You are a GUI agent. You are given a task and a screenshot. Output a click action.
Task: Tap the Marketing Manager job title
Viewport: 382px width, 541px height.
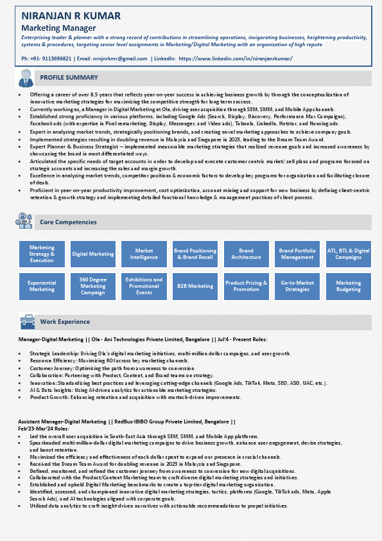click(58, 28)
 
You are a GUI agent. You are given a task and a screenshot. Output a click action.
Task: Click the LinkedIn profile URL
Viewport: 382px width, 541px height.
click(236, 58)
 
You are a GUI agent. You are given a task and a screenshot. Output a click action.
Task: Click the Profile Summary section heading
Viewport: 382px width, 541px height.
click(69, 78)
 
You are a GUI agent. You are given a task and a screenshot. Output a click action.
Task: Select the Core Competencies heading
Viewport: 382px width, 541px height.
click(68, 222)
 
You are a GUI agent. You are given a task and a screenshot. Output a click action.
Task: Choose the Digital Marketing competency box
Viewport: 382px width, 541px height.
click(92, 254)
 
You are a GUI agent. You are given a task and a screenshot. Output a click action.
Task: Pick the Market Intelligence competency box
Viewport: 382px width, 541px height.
click(144, 254)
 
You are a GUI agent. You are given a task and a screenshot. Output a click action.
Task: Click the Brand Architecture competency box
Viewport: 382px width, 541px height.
click(246, 254)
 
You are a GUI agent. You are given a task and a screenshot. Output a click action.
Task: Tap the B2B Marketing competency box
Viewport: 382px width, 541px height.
click(195, 286)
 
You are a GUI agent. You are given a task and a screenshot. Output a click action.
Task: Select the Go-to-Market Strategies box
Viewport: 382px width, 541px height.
click(297, 286)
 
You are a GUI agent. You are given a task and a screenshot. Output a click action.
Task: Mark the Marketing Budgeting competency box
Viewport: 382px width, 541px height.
click(349, 286)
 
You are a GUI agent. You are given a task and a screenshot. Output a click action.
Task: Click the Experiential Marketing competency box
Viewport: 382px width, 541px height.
click(42, 286)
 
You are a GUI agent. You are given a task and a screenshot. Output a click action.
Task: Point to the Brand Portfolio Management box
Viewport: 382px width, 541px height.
click(297, 254)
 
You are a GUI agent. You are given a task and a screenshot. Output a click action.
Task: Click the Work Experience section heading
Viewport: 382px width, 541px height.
click(65, 321)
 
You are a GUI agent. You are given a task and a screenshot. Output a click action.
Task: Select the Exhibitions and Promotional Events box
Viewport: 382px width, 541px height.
click(144, 286)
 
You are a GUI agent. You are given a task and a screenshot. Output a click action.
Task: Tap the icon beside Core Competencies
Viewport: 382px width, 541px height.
click(24, 222)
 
